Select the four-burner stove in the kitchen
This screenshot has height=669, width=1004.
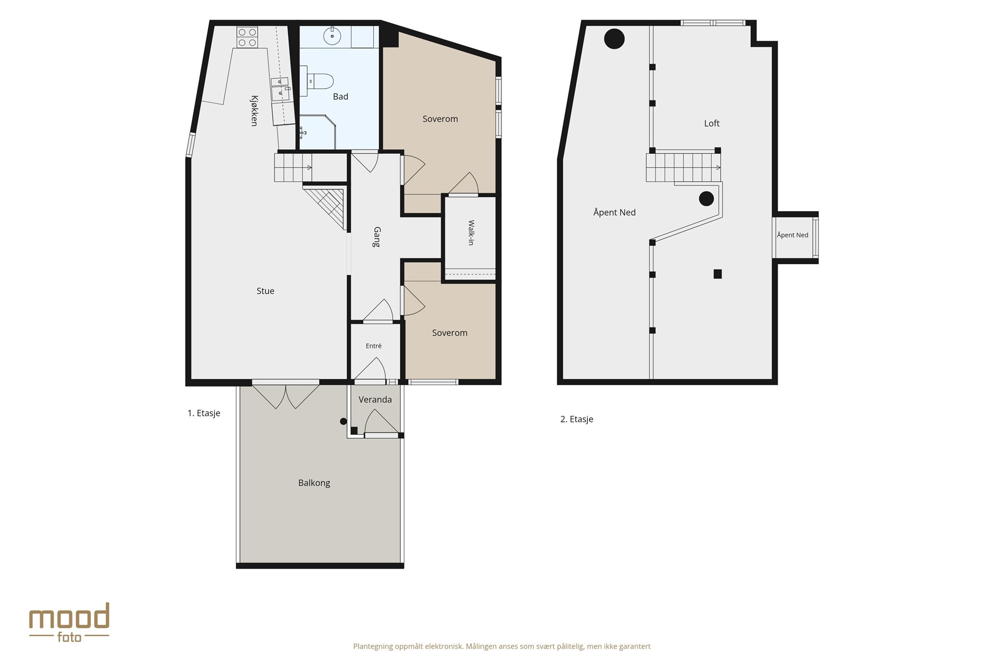click(x=247, y=37)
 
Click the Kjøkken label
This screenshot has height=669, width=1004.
click(x=254, y=111)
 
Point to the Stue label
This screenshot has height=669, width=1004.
click(x=266, y=291)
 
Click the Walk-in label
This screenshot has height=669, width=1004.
click(x=471, y=232)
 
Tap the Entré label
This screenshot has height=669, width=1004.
click(x=374, y=346)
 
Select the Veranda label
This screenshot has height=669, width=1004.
click(x=375, y=400)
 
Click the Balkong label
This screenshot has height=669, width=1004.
click(x=314, y=483)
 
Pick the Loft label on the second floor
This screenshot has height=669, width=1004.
click(x=712, y=124)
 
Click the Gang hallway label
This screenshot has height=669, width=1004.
click(x=377, y=237)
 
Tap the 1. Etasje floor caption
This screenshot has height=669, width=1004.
click(x=204, y=413)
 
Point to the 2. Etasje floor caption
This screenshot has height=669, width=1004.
click(x=577, y=419)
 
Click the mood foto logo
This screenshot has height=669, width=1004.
click(x=69, y=622)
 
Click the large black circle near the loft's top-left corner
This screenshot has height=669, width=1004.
click(x=614, y=38)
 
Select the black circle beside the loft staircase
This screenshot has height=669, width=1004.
click(x=706, y=198)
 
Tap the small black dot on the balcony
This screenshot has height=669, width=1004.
click(x=344, y=421)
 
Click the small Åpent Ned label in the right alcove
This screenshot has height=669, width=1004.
click(x=793, y=235)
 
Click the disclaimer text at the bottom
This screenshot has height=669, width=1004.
click(x=502, y=647)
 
